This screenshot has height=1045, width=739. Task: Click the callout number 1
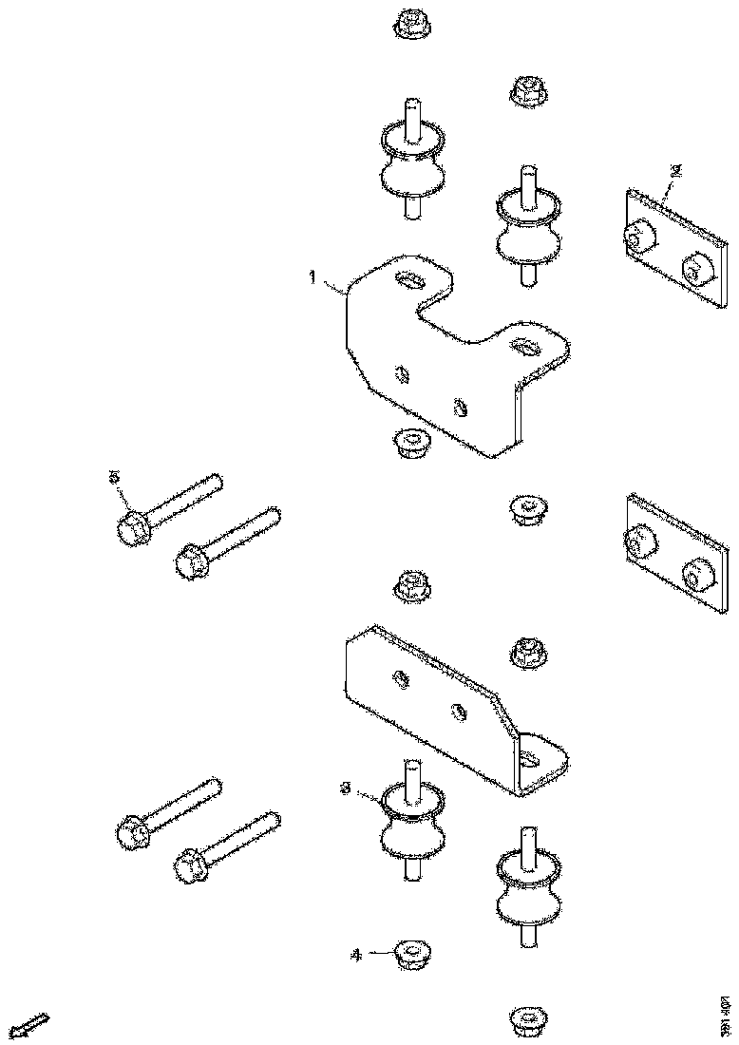click(311, 277)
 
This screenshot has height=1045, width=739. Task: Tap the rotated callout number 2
click(676, 172)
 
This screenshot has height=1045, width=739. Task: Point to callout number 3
click(347, 788)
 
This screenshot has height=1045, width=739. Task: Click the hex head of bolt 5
click(133, 527)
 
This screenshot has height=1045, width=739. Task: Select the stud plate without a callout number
click(671, 549)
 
